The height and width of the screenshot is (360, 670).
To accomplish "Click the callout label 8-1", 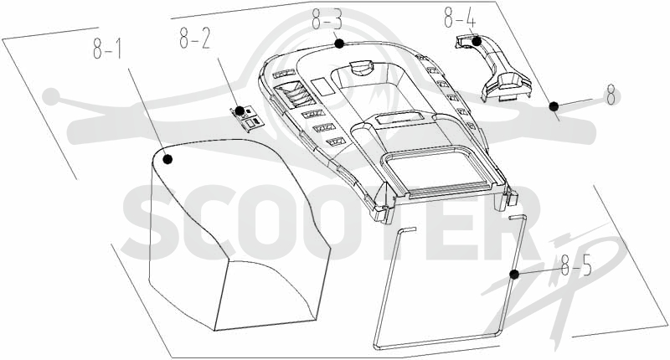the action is pos(106,49).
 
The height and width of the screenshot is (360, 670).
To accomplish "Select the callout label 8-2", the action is pos(195,39).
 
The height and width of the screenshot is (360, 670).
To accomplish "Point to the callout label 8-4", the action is pos(460,17).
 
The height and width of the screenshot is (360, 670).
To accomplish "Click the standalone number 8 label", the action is pos(611,95).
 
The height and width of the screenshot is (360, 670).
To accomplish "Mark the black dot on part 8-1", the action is pos(167,159).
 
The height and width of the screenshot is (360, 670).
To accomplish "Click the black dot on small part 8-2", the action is pos(240,111).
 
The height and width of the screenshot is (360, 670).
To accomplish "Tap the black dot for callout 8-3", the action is pos(339,44).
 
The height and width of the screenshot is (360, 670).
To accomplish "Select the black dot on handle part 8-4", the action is pos(477,41).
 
